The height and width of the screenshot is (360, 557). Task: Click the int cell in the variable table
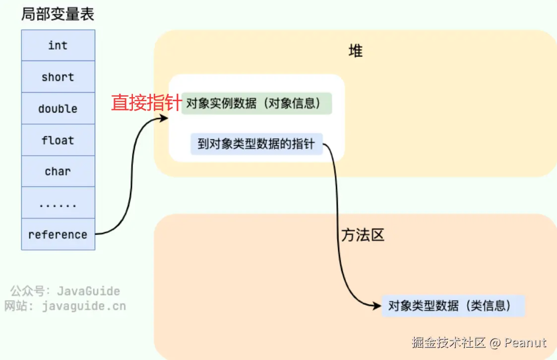(x=58, y=46)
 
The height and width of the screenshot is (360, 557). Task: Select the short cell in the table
(x=58, y=77)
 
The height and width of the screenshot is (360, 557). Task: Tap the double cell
(x=58, y=109)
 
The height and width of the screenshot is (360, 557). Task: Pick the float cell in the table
(x=58, y=140)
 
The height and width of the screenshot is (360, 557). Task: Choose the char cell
(x=58, y=172)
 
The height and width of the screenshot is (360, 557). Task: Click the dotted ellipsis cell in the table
(x=58, y=203)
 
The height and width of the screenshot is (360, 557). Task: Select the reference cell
(x=58, y=235)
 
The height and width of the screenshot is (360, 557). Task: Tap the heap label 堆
(x=355, y=51)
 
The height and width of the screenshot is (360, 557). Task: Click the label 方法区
(x=363, y=235)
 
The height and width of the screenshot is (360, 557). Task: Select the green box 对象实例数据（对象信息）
(x=256, y=103)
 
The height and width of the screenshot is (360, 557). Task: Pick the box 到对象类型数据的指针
(x=256, y=144)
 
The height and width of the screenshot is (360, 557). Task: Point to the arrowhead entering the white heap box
(x=165, y=118)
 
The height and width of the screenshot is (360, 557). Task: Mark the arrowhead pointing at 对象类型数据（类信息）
(x=376, y=305)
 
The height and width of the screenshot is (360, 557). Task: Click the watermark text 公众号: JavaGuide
(x=65, y=291)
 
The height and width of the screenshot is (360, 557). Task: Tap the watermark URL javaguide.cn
(x=84, y=306)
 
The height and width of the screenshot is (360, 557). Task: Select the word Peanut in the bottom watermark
(x=526, y=343)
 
